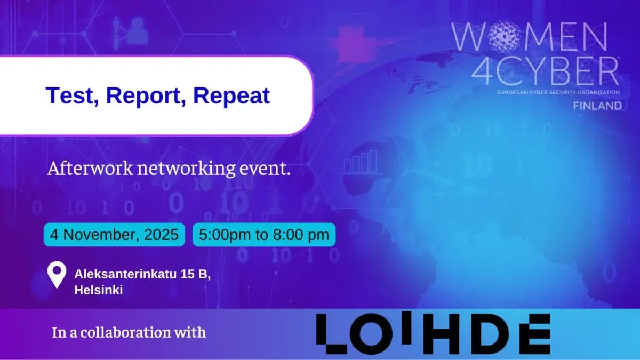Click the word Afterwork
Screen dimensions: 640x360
(90, 169)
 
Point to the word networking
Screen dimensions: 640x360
(186, 169)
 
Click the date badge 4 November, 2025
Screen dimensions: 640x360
(114, 235)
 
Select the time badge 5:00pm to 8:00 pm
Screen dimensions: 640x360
(264, 235)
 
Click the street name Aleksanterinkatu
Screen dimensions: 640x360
(125, 274)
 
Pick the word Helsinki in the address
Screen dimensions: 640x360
(99, 290)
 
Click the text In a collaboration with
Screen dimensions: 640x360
(129, 332)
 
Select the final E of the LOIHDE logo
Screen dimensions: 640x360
(534, 334)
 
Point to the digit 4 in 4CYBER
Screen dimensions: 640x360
(482, 71)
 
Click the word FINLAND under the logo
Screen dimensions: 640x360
(597, 106)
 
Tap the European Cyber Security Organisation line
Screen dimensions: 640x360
(558, 93)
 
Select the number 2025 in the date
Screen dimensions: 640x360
(162, 235)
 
